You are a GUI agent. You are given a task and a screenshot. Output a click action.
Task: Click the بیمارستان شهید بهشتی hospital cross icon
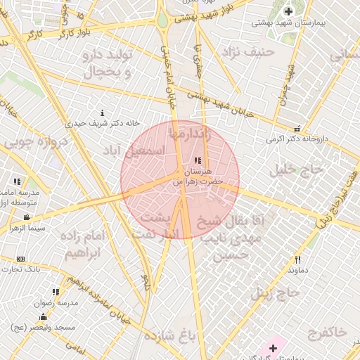288,11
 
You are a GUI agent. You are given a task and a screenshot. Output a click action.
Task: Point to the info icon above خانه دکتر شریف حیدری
103,112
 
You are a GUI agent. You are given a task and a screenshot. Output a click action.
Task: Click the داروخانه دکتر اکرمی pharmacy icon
297,129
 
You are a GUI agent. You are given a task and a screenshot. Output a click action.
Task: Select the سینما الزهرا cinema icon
27,217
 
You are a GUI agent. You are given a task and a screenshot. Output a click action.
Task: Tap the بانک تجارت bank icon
20,259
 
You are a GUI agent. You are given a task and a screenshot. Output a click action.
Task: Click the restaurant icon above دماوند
297,259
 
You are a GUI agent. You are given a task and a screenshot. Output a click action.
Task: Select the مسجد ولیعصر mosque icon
44,316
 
